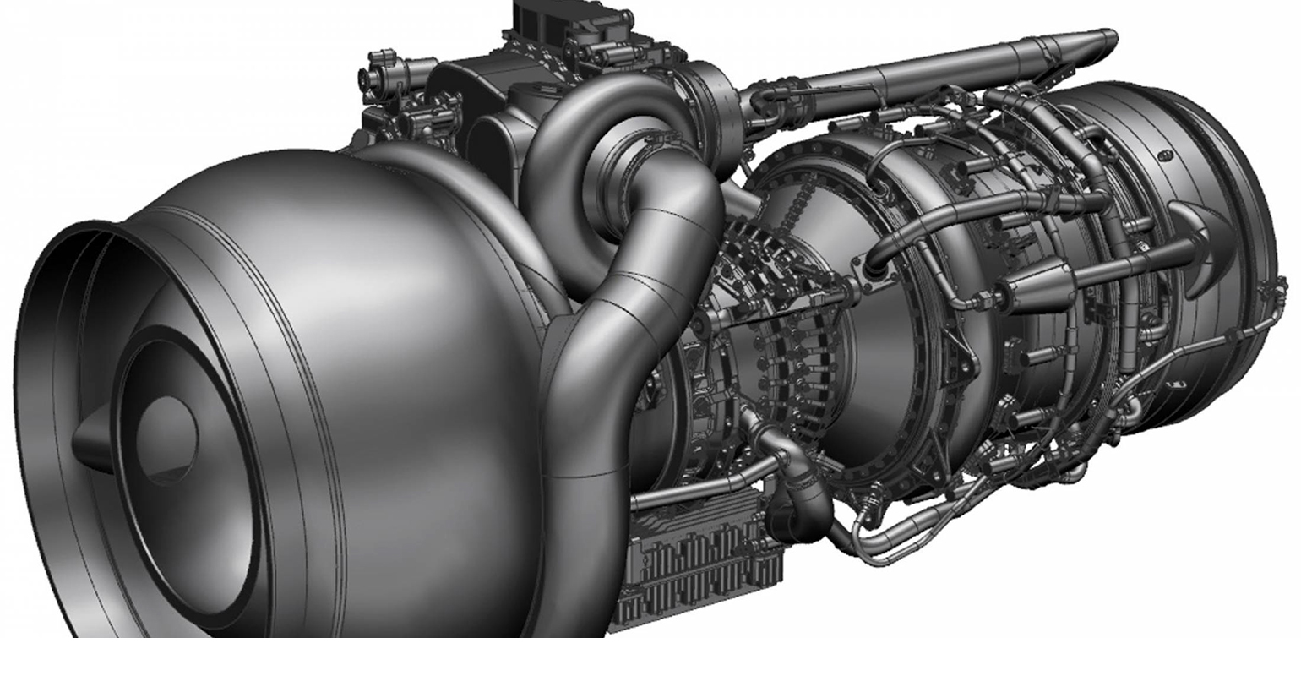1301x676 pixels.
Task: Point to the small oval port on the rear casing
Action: (x=1165, y=156)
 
